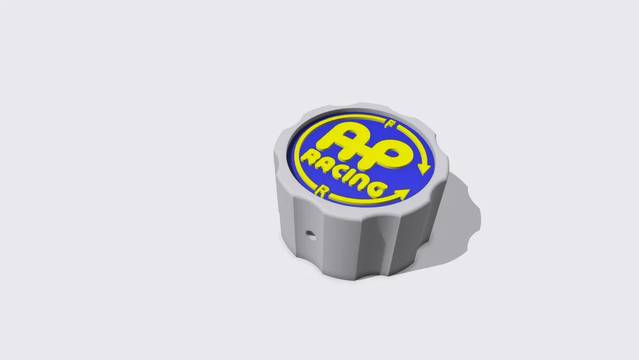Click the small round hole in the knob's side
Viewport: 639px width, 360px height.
(x=311, y=234)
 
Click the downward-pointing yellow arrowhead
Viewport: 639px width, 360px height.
(x=425, y=168)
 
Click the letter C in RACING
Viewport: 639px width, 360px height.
(x=336, y=170)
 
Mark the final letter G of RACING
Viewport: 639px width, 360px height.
(x=375, y=188)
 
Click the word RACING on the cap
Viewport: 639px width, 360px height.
(x=343, y=173)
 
